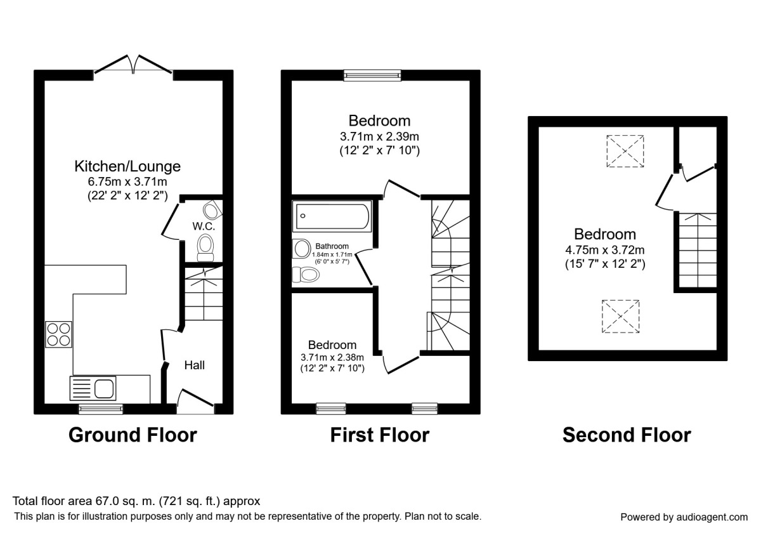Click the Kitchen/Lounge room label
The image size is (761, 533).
point(127,166)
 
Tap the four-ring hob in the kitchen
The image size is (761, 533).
point(58,334)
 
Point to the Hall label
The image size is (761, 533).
point(195,365)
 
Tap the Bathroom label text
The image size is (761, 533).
point(332,246)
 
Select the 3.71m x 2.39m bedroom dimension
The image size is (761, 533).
point(380,136)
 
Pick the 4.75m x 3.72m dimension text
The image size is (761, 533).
point(605,249)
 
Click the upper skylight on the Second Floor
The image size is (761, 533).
point(625,151)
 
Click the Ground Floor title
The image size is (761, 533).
point(133,435)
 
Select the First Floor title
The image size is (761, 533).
point(379,435)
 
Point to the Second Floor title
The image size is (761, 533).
point(627,435)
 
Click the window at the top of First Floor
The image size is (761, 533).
point(373,76)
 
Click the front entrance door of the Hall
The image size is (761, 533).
point(195,401)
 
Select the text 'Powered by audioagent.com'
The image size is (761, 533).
point(684,517)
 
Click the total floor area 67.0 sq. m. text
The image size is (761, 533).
point(136,501)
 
